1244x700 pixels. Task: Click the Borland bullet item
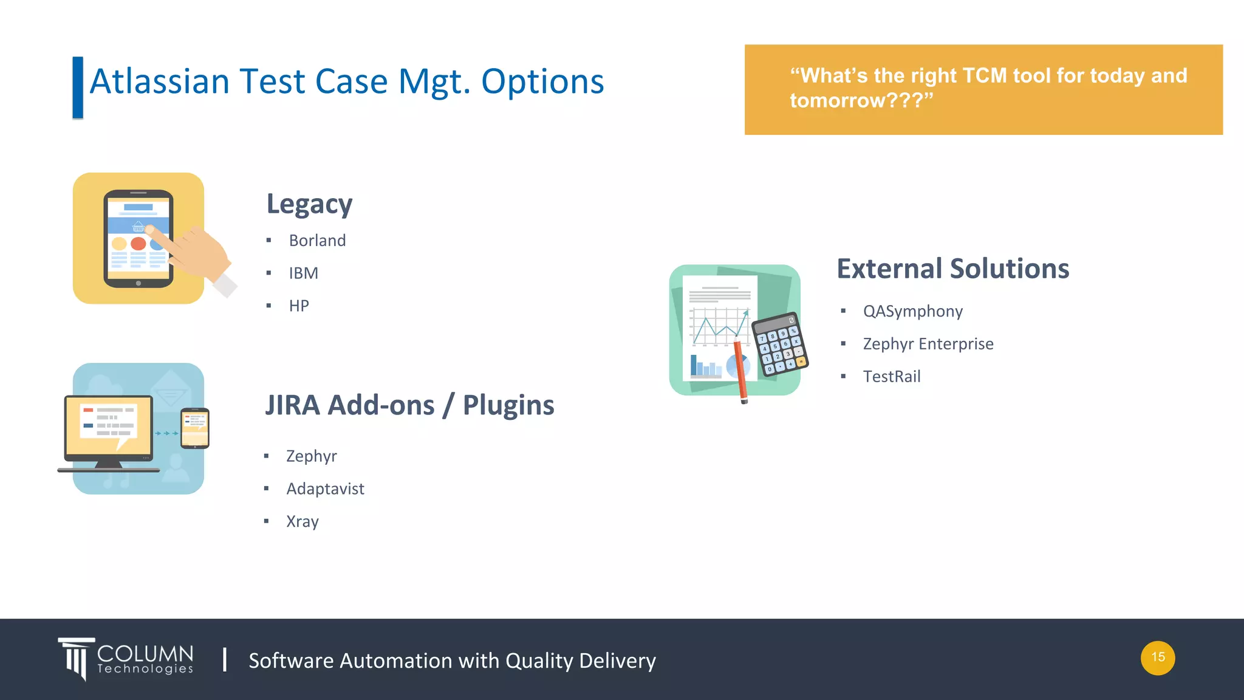pyautogui.click(x=317, y=241)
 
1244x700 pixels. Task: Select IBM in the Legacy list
pyautogui.click(x=303, y=273)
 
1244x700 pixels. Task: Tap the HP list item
pyautogui.click(x=299, y=306)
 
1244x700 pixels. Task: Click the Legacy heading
pyautogui.click(x=309, y=204)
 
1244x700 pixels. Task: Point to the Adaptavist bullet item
pyautogui.click(x=325, y=489)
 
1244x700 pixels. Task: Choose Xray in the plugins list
pyautogui.click(x=302, y=521)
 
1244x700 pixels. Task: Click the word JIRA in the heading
pyautogui.click(x=292, y=405)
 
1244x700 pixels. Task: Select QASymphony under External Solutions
pyautogui.click(x=912, y=312)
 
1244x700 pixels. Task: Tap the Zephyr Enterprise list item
pyautogui.click(x=928, y=344)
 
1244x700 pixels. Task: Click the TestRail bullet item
pyautogui.click(x=891, y=377)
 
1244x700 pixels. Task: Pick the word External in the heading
pyautogui.click(x=889, y=269)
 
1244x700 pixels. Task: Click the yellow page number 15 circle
pyautogui.click(x=1157, y=657)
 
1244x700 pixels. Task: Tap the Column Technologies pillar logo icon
pyautogui.click(x=77, y=658)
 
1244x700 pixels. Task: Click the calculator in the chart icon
pyautogui.click(x=779, y=345)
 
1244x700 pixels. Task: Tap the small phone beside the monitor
pyautogui.click(x=195, y=428)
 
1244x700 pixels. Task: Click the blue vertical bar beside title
pyautogui.click(x=78, y=87)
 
